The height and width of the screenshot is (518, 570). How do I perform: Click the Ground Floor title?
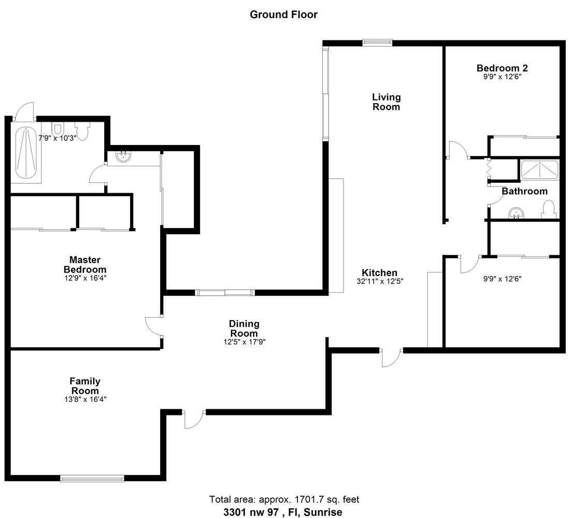[283, 15]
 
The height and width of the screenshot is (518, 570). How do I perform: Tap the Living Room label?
[386, 102]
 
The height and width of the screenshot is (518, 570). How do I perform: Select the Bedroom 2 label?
[502, 68]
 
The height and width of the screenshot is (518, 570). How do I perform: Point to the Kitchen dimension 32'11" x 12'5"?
[379, 282]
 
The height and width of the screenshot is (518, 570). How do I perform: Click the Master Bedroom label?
[85, 264]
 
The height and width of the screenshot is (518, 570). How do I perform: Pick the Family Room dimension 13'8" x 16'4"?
[85, 399]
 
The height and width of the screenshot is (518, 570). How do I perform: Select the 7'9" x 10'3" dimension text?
[57, 138]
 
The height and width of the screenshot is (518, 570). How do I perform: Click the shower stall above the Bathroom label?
[539, 169]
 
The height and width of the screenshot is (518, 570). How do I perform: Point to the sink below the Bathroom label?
[515, 213]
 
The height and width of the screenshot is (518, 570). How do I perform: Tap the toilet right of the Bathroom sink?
[548, 209]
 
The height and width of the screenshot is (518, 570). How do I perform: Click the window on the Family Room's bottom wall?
[92, 478]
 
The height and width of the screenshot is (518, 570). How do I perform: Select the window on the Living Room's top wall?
[377, 43]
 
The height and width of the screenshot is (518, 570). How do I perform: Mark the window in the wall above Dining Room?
[225, 293]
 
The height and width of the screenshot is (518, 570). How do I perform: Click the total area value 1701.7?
[314, 500]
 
